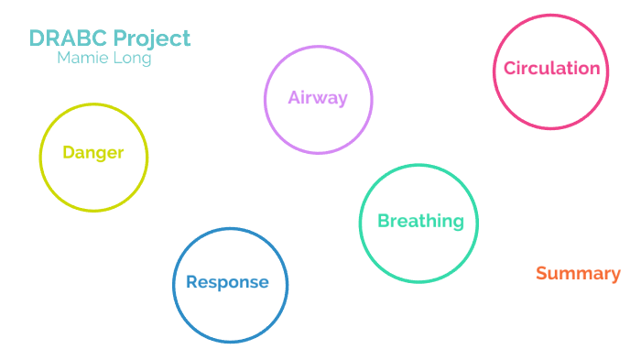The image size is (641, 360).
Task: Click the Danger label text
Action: click(92, 153)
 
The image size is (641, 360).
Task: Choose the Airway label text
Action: click(318, 98)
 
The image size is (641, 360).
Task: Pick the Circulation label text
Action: click(551, 69)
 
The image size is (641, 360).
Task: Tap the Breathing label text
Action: click(420, 221)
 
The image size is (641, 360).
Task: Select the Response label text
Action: click(227, 282)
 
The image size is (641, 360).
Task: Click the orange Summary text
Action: click(578, 273)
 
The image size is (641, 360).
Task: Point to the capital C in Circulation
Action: click(510, 69)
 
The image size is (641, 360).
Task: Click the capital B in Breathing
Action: click(384, 221)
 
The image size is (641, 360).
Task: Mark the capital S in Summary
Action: click(541, 273)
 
